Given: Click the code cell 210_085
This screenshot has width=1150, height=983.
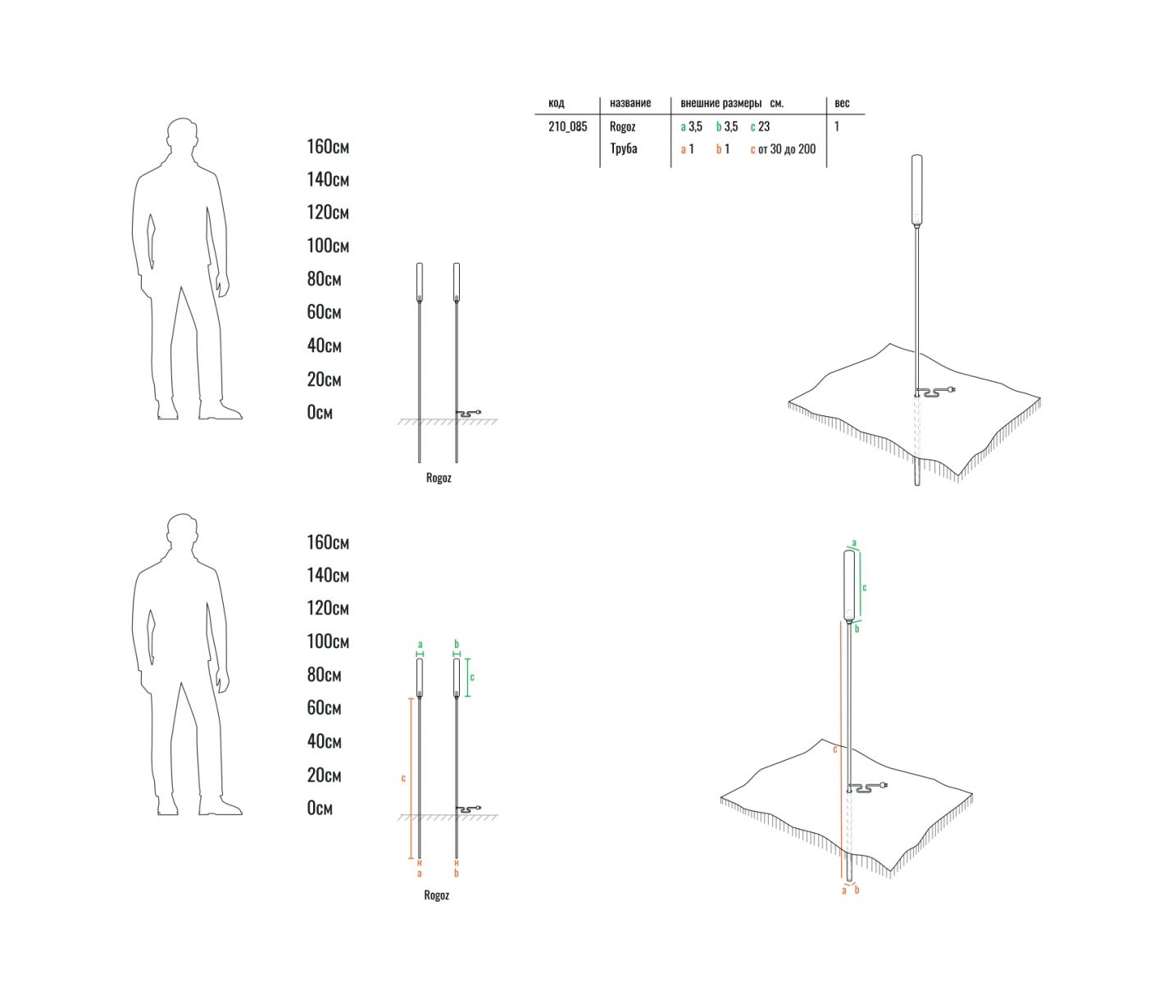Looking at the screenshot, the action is pos(567,127).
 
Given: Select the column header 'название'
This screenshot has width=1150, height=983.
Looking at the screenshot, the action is pos(630,103).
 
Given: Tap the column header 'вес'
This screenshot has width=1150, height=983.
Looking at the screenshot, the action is pos(842,103).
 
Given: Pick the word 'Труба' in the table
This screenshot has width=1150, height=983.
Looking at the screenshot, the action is pos(623,149).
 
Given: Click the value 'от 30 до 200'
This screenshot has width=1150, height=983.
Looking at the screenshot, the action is pos(787,149).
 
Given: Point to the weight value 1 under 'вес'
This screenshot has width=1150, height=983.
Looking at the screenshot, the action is pos(836,127).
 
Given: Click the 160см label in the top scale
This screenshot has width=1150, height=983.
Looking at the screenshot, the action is pos(328,147).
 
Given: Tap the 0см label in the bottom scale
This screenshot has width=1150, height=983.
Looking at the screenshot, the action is pos(320,808).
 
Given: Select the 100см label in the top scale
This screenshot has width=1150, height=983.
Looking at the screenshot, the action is pos(328,246).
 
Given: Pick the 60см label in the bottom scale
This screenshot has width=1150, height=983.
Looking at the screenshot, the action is pos(324,708).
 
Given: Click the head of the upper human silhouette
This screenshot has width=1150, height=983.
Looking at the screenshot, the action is pos(182,136).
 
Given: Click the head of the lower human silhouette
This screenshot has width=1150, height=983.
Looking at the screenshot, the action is pos(182,532).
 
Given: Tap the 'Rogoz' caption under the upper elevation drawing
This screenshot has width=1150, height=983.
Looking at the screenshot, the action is pos(439,478).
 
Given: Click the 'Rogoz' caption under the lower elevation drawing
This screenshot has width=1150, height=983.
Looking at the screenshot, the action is pos(436,895).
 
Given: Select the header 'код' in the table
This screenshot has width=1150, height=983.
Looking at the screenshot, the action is pos(556,103).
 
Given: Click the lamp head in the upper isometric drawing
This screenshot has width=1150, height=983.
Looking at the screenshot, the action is pos(916,191).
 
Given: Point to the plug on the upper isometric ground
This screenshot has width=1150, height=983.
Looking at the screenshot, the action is pos(952,389).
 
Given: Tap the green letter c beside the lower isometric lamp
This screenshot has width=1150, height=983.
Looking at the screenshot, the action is pos(865,587).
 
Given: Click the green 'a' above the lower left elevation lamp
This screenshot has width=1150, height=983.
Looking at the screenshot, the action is pos(420,645).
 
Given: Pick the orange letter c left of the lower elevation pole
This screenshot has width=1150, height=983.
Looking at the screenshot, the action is pos(403,778).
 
